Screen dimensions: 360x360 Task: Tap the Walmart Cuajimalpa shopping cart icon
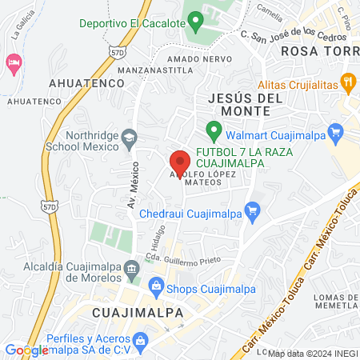[x=336, y=135]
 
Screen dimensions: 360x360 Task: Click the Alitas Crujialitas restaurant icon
[x=348, y=80]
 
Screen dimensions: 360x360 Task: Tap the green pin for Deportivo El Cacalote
[x=193, y=22]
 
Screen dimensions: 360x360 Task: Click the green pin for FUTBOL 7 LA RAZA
[x=213, y=129]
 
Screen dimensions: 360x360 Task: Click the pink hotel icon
[x=14, y=62]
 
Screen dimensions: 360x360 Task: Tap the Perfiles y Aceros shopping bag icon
[x=142, y=342]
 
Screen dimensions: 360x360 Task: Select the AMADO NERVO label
[x=190, y=59]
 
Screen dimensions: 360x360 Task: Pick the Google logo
[x=26, y=350]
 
